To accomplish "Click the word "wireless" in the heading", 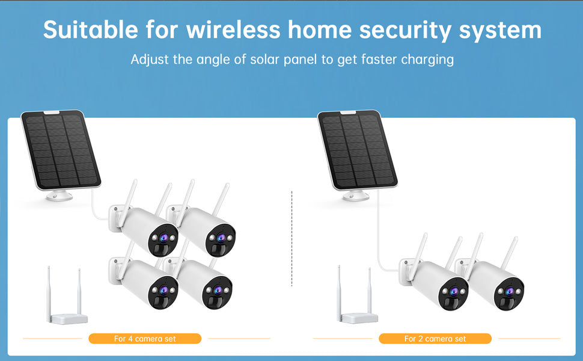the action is coord(233,29).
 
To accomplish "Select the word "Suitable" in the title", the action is coord(90,29).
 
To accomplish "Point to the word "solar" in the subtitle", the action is coord(264,59).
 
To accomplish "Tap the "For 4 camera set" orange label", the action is coord(145,339).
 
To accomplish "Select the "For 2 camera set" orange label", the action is coord(435,339).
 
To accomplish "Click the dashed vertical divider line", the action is coord(292,238).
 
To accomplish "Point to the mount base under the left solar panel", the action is coord(59,196).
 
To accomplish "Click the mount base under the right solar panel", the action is coord(355,196).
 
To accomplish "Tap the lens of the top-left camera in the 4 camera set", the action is coord(163,238).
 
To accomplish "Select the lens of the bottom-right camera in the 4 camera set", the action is coord(218,289).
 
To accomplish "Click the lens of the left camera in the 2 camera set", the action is coord(454,291).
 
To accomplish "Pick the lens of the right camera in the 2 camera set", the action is coord(510,291).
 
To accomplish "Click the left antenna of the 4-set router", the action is coord(49,293).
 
